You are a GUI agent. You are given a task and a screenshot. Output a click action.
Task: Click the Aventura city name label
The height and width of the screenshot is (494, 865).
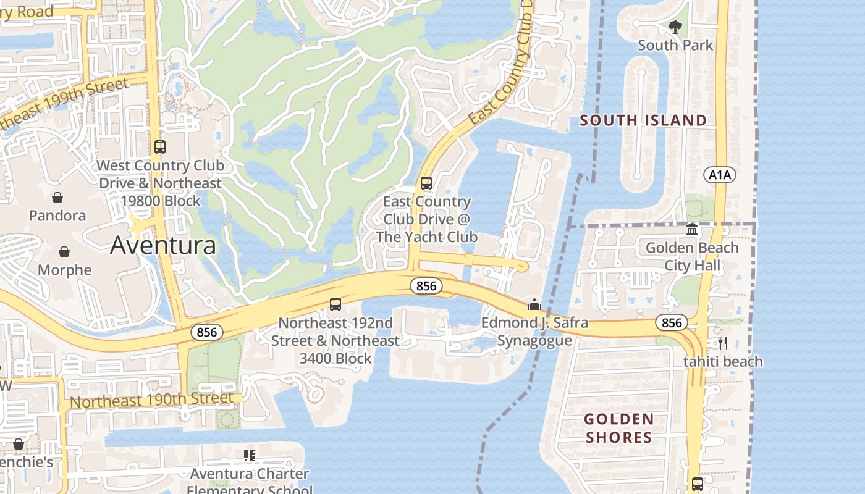[x=163, y=246]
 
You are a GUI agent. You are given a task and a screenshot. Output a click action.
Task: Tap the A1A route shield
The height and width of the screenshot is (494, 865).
[x=720, y=175]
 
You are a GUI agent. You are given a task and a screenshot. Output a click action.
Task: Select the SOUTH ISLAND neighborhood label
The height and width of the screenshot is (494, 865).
[x=643, y=120]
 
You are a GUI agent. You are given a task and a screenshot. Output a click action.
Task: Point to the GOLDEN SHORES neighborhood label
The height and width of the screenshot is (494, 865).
[x=618, y=428]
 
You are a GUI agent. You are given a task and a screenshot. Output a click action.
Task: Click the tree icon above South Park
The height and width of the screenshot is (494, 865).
[x=675, y=27]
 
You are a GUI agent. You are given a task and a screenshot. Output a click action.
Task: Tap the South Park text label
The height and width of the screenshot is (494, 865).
[x=675, y=45]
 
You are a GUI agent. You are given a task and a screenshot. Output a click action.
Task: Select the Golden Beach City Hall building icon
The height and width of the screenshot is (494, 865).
[x=692, y=230]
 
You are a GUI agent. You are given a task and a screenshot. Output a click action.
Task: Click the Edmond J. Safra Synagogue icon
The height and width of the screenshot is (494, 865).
[x=534, y=304]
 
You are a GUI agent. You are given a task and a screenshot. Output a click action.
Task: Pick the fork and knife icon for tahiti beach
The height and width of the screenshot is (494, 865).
[x=723, y=343]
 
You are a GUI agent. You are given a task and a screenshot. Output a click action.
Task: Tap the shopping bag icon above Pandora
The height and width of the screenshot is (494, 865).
[x=57, y=198]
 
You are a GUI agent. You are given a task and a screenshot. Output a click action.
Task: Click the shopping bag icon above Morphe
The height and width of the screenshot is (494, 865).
[x=64, y=252]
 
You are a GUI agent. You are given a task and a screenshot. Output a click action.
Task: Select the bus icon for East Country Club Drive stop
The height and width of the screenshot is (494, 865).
[x=426, y=183]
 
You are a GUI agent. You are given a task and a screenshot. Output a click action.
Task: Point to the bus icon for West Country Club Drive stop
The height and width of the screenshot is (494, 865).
[x=160, y=147]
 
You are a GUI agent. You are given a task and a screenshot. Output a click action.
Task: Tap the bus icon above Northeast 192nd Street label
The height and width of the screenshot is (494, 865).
[x=335, y=304]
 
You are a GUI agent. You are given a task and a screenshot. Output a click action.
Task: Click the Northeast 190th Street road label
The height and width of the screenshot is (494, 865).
[x=152, y=401]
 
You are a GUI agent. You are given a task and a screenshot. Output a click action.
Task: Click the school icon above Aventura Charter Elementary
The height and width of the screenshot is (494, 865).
[x=250, y=456]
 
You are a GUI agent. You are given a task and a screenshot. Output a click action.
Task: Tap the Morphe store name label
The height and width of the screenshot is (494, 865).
[x=64, y=270]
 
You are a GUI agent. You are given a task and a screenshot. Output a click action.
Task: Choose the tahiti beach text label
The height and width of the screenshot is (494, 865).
[x=723, y=361]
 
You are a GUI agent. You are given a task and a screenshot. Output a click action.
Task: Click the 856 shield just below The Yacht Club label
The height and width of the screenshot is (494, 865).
[x=426, y=286]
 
